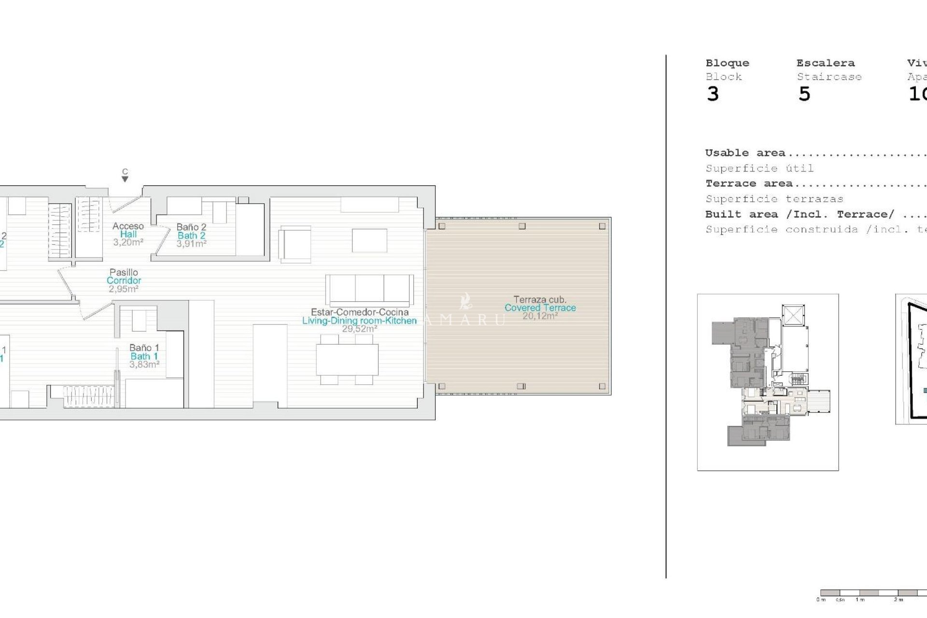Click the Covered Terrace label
540,308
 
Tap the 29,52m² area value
359,329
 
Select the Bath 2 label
191,236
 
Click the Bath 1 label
144,356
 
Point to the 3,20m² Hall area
128,242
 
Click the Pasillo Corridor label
124,277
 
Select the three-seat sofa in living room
369,290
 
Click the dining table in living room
347,360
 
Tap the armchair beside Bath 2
295,245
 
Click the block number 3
713,94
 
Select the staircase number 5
804,94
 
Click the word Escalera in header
825,63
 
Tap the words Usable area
745,153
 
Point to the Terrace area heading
748,183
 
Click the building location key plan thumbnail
768,382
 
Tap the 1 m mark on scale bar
859,599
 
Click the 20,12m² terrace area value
540,316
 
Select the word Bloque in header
727,63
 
